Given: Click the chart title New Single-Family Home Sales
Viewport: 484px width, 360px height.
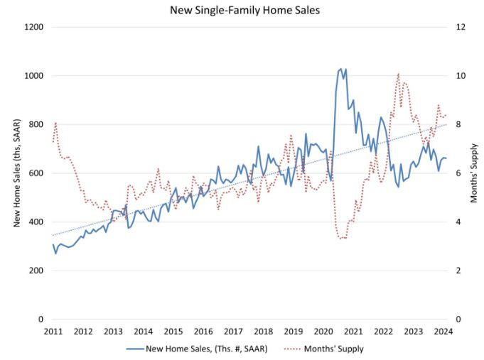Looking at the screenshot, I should click(x=242, y=11).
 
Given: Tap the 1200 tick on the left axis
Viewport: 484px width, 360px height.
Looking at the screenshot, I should click(x=34, y=27).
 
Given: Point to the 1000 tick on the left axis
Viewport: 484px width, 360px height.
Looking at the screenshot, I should click(x=34, y=76).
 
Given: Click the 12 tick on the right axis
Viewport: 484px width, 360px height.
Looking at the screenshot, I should click(x=460, y=27).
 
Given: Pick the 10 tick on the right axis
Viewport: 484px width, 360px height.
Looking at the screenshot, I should click(x=460, y=76).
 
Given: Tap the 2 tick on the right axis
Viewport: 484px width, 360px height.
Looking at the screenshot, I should click(x=458, y=271).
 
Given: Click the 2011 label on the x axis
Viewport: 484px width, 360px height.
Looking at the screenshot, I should click(x=53, y=332).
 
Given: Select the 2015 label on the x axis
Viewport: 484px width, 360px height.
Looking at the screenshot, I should click(x=173, y=332).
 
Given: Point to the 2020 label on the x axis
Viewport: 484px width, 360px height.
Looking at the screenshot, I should click(x=323, y=332).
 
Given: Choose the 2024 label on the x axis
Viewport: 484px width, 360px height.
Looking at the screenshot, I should click(x=443, y=332).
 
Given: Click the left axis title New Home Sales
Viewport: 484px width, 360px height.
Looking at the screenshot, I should click(x=16, y=173).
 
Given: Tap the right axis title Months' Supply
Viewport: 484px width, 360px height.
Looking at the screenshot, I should click(x=474, y=173).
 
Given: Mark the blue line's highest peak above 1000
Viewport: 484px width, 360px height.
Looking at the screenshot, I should click(x=341, y=69).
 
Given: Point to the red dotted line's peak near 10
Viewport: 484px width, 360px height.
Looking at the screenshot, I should click(x=398, y=74).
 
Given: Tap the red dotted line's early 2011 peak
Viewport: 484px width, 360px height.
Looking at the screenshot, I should click(x=55, y=123).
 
